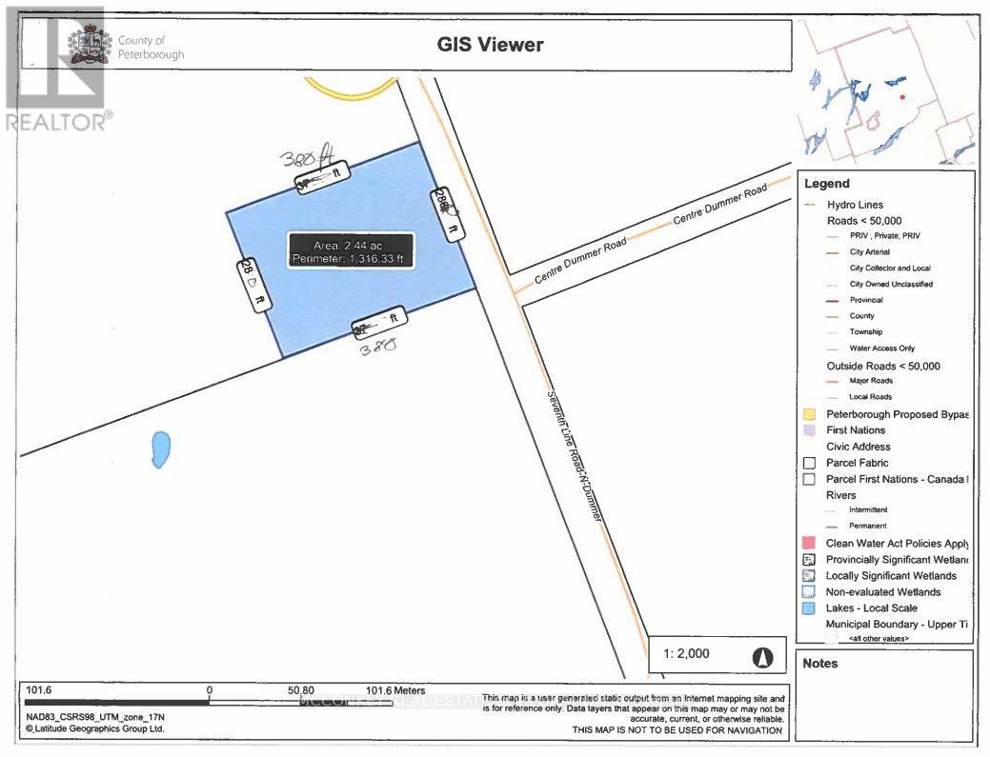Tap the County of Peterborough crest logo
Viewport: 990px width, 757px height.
pyautogui.click(x=86, y=48)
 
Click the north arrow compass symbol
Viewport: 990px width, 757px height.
pyautogui.click(x=762, y=656)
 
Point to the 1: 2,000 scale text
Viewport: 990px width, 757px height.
pyautogui.click(x=688, y=655)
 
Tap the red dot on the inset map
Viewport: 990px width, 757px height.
pyautogui.click(x=901, y=97)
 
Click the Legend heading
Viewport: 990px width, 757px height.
pyautogui.click(x=826, y=184)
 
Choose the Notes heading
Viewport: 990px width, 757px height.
pyautogui.click(x=820, y=663)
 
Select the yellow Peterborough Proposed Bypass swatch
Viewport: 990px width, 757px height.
pyautogui.click(x=809, y=414)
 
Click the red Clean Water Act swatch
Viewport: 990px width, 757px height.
pyautogui.click(x=809, y=543)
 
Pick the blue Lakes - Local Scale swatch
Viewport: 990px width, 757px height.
pyautogui.click(x=809, y=608)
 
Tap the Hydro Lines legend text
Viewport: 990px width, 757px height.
pyautogui.click(x=855, y=205)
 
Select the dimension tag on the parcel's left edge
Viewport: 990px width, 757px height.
pyautogui.click(x=253, y=285)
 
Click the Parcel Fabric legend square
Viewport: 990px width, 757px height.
pyautogui.click(x=809, y=463)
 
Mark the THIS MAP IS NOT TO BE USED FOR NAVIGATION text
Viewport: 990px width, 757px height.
pyautogui.click(x=677, y=730)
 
